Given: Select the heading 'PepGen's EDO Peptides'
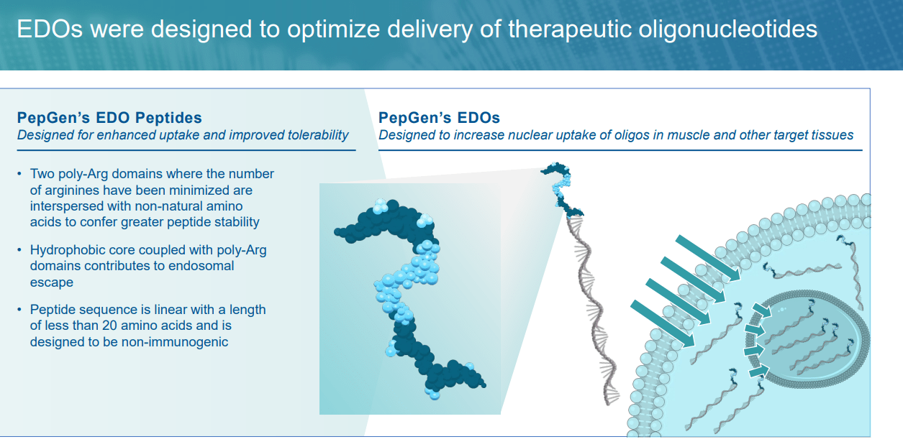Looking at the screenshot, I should [x=109, y=118].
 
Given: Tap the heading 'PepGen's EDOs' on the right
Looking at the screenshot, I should [x=439, y=118].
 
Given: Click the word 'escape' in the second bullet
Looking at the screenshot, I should [x=52, y=282].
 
